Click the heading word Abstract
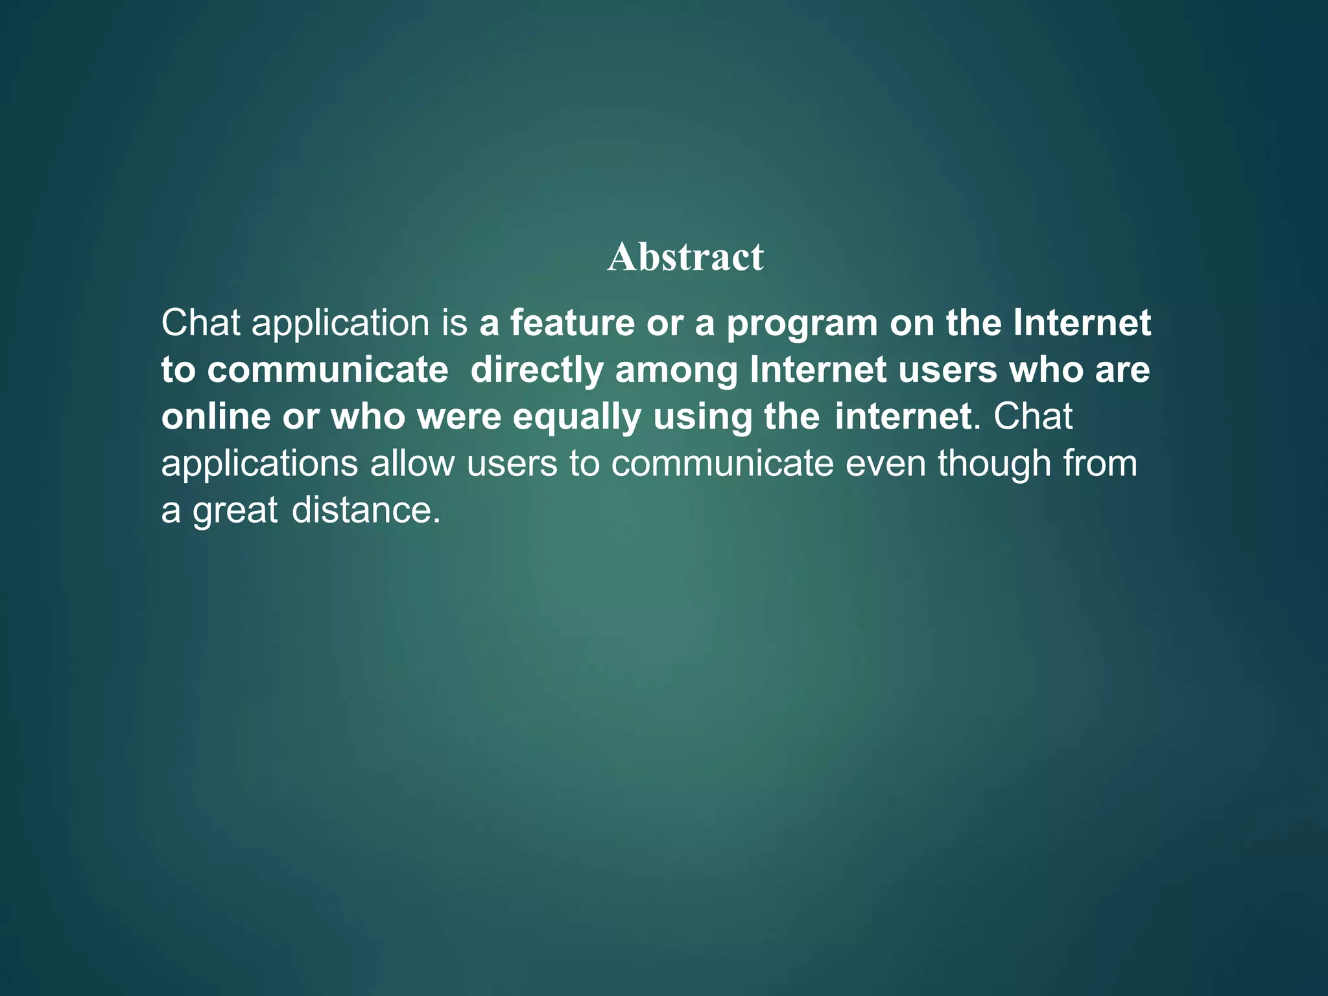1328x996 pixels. click(685, 257)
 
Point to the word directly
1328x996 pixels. click(537, 370)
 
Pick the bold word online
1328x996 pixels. click(215, 416)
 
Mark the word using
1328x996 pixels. click(702, 418)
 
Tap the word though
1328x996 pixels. click(994, 464)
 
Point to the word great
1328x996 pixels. click(235, 511)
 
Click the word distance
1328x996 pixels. click(361, 510)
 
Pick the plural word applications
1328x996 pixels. click(259, 464)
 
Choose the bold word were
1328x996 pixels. click(459, 416)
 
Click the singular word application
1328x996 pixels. click(340, 324)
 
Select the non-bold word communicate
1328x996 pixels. click(722, 463)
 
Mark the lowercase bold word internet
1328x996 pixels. click(903, 416)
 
